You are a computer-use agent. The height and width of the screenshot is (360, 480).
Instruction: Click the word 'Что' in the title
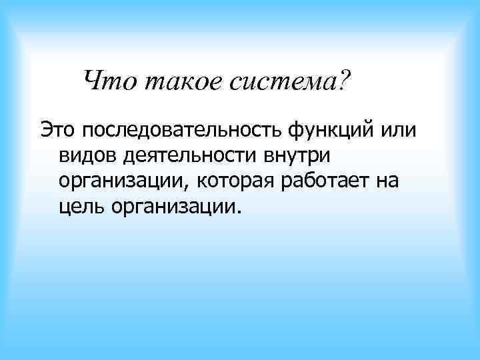coord(109,82)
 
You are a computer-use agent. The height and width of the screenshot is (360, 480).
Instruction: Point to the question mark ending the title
coord(344,81)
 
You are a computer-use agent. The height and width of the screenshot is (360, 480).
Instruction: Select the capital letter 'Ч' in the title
coord(93,82)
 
